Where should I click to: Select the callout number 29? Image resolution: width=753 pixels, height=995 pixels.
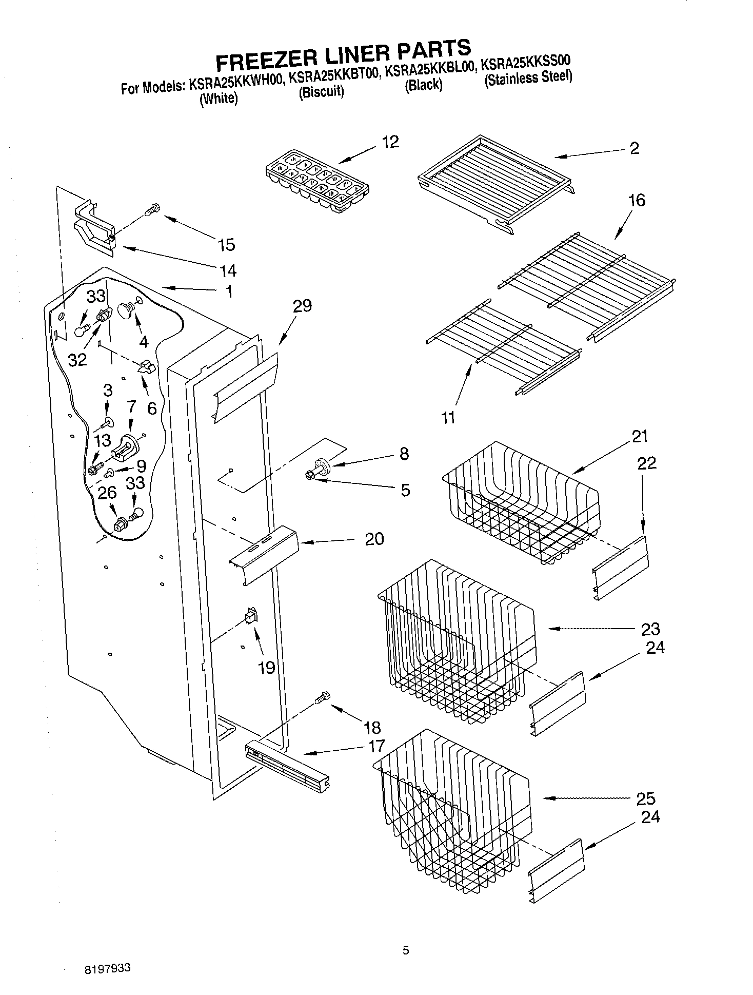(x=302, y=306)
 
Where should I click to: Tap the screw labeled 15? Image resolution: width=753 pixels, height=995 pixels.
(x=151, y=209)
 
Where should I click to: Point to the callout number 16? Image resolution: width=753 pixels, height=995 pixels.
(x=637, y=200)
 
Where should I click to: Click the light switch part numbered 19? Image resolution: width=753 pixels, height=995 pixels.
(x=251, y=615)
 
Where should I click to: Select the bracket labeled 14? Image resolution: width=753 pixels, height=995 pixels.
(x=95, y=230)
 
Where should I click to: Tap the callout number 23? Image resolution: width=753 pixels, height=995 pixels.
(x=650, y=629)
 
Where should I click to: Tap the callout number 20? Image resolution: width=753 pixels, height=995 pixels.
(x=374, y=539)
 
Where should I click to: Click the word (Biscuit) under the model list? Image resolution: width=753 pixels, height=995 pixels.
(x=321, y=92)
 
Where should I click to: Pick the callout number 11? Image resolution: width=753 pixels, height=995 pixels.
(x=448, y=417)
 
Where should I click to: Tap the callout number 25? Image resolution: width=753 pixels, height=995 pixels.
(x=645, y=798)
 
